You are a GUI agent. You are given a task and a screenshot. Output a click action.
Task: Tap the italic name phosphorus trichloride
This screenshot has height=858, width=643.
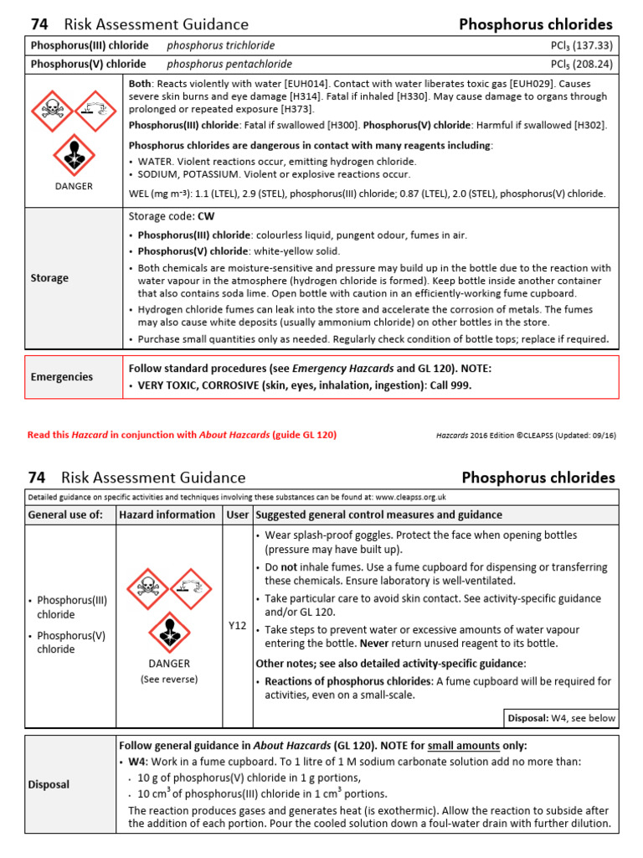220,45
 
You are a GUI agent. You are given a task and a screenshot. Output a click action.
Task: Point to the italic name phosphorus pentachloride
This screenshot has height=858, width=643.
229,64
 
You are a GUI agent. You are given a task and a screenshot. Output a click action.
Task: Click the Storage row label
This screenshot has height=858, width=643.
49,277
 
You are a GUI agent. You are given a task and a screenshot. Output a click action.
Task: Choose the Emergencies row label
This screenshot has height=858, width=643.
62,377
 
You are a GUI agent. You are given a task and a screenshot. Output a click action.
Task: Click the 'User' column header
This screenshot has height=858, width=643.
237,514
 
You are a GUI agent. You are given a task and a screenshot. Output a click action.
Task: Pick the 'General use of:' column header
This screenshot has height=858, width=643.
66,514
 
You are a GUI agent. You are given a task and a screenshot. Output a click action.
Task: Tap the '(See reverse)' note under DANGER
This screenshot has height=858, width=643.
169,679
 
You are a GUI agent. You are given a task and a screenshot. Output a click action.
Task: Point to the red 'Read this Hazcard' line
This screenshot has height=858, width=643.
182,435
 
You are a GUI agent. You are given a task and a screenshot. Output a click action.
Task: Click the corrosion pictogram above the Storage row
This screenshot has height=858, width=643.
95,110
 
